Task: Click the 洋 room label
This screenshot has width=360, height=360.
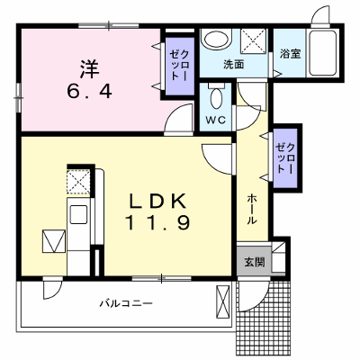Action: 89,69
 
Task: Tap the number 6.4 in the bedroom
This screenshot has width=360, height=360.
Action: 89,91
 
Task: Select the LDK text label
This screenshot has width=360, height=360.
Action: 157,201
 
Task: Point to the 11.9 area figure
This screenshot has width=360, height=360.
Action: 157,223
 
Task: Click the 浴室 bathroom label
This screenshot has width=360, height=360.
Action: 290,54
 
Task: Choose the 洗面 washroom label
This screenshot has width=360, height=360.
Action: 234,65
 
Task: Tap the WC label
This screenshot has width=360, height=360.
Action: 215,120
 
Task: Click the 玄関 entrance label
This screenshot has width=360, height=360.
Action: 255,262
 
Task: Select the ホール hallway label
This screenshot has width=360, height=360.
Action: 252,209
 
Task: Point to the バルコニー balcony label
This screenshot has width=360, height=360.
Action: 126,303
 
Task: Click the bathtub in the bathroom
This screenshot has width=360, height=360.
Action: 322,53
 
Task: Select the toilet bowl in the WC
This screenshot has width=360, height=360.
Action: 216,98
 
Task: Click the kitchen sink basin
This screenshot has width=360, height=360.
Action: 78,214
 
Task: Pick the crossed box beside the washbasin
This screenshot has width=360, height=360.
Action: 254,41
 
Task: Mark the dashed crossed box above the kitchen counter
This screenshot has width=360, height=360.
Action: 78,182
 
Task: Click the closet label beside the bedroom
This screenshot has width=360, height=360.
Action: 179,66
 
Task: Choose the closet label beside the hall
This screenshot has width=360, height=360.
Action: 286,158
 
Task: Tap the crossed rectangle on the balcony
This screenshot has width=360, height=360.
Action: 222,301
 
